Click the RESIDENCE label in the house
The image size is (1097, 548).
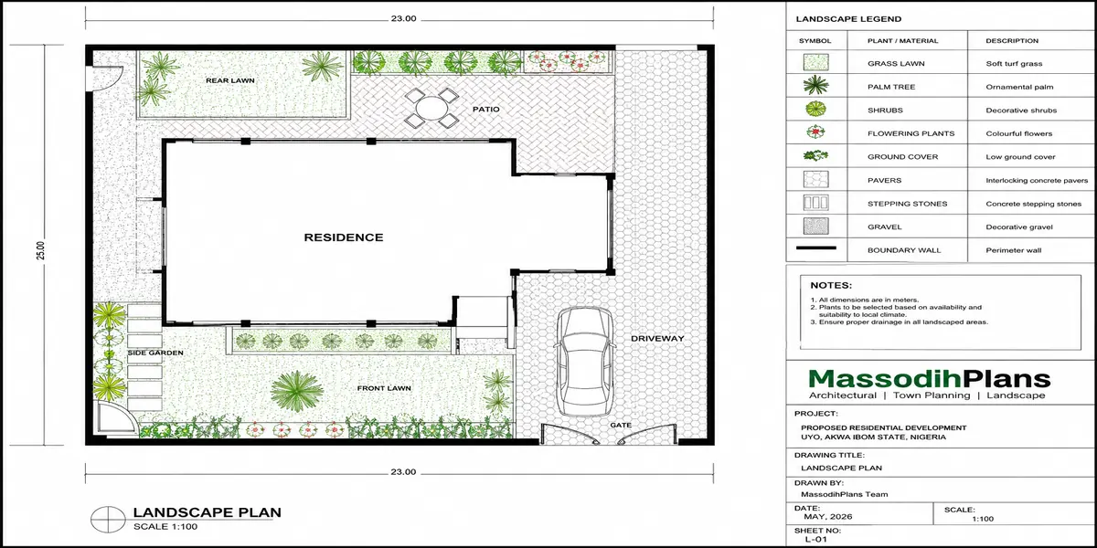point(344,237)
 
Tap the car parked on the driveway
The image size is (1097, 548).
point(585,361)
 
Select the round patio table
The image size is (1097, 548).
point(431,108)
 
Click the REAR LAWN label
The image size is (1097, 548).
point(229,80)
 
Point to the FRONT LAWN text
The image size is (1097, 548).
point(384,388)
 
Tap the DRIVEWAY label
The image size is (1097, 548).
point(657,338)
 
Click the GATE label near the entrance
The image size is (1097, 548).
point(621,425)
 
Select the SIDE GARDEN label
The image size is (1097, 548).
point(155,353)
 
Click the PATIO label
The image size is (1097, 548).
point(485,109)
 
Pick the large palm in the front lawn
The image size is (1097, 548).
point(296,391)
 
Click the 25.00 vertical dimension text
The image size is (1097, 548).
point(40,250)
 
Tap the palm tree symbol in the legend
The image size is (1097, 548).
point(815,86)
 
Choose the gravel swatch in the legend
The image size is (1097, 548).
point(815,227)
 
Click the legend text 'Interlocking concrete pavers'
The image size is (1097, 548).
point(1037,180)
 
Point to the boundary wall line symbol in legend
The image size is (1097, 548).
point(815,248)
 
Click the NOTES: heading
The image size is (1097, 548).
point(831,285)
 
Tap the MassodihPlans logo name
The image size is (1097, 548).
point(930,379)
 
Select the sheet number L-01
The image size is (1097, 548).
point(815,539)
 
